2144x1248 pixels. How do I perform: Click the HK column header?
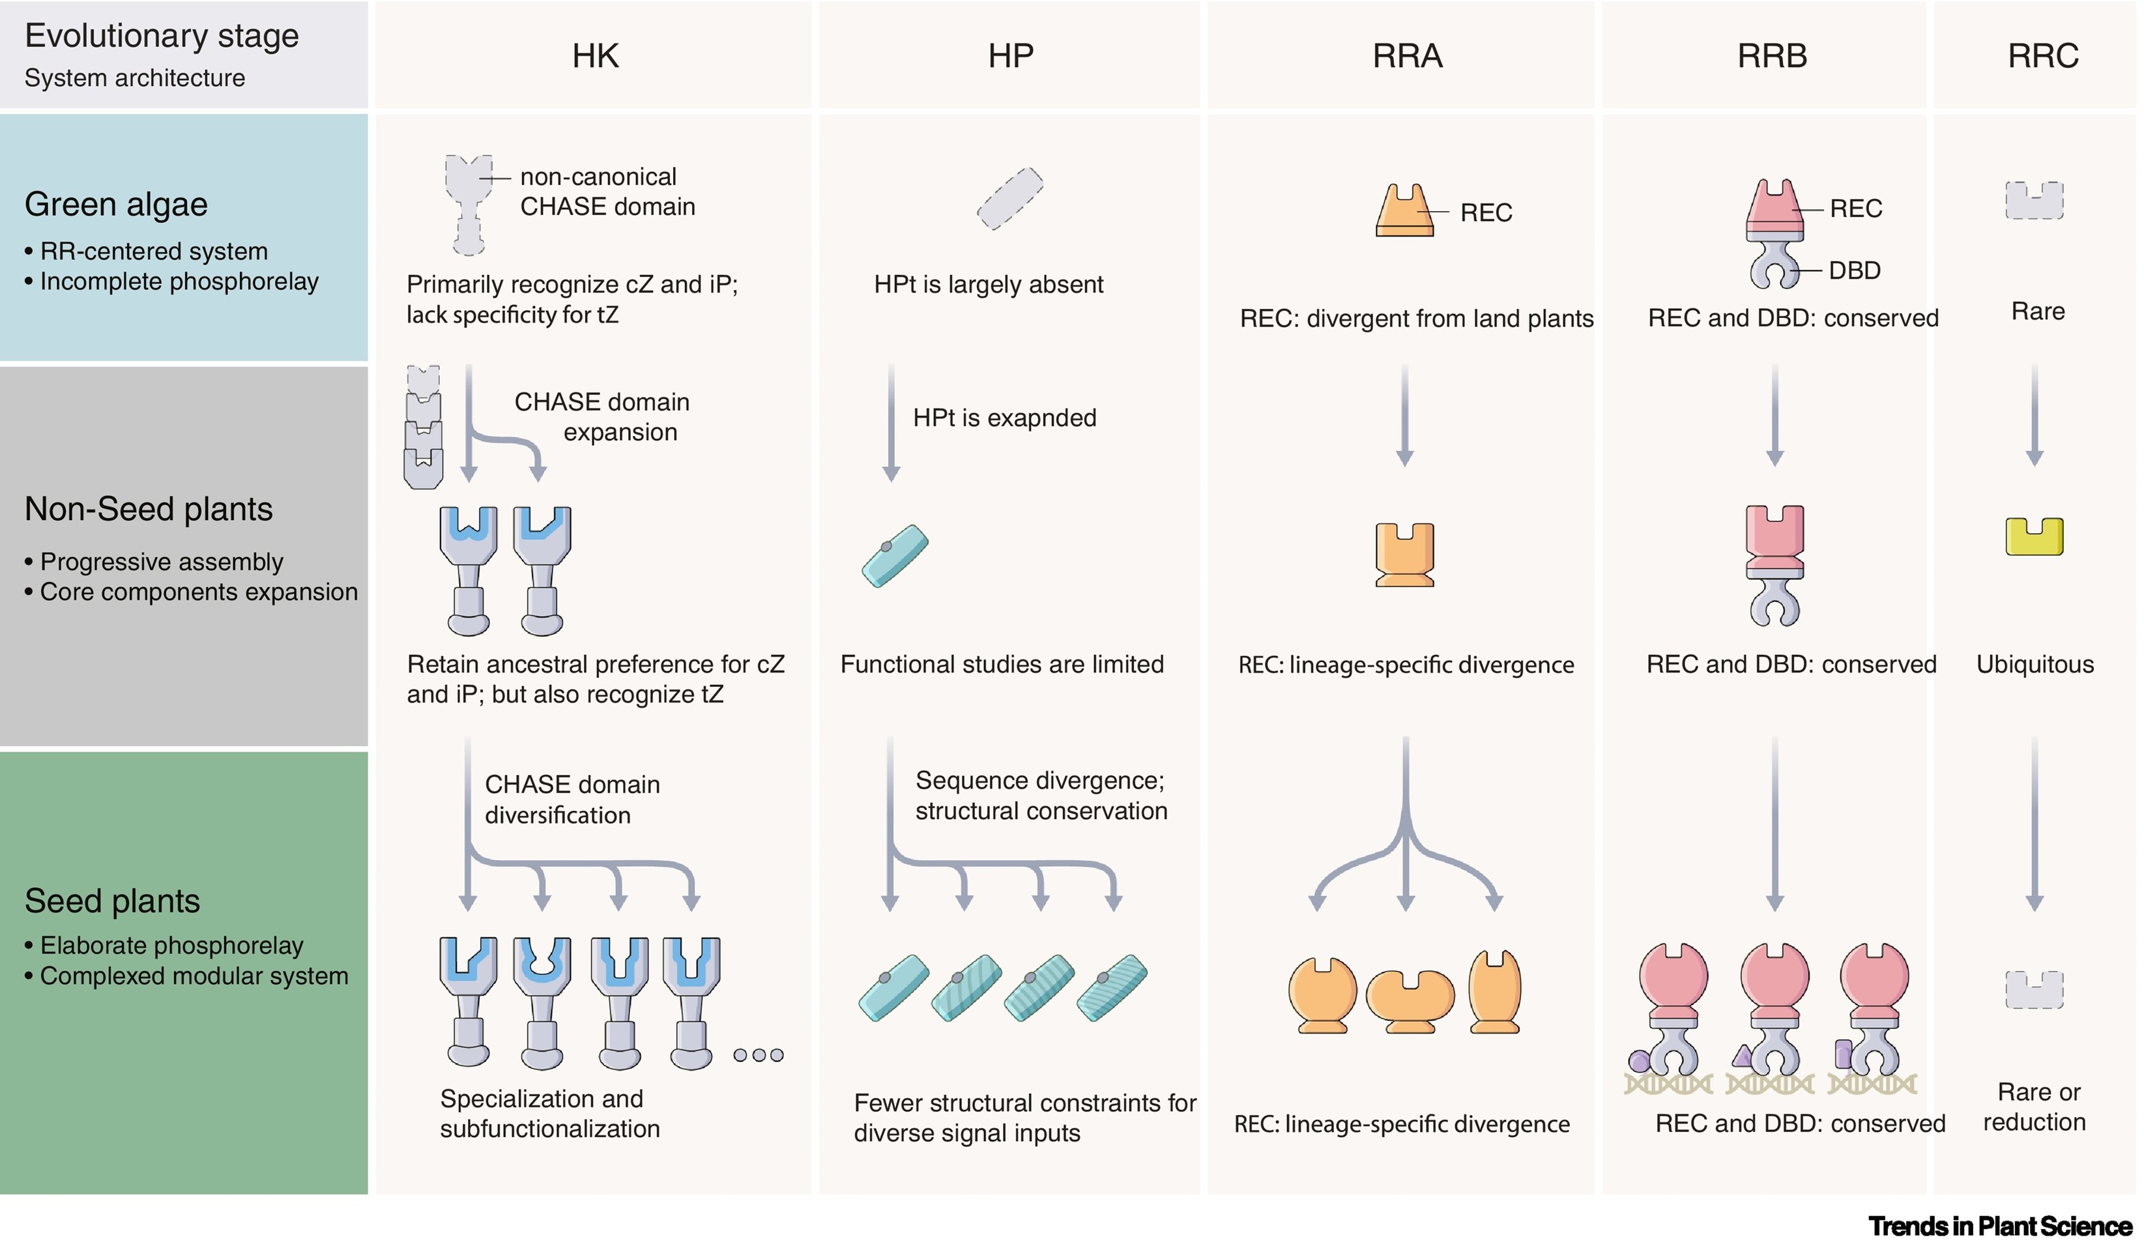[595, 56]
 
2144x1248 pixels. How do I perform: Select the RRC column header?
[2043, 56]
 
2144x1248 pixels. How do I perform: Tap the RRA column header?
[1407, 56]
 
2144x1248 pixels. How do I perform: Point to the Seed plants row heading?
[112, 901]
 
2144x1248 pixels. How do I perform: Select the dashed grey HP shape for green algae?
[1010, 198]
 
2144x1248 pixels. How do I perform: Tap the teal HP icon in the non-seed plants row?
[895, 555]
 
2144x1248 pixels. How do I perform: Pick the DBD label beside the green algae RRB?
[1855, 270]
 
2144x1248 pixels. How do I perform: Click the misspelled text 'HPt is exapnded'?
[1004, 418]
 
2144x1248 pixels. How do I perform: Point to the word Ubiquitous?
[2035, 665]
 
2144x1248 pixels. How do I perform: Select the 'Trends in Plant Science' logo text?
[2000, 1226]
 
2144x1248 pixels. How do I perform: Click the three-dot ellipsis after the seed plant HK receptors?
[758, 1055]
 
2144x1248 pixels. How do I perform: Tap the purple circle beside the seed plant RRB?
[1638, 1061]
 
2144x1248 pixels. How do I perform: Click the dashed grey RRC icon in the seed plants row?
[2035, 989]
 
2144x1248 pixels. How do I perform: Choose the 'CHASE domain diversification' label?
[572, 800]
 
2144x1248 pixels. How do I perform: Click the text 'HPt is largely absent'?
[988, 284]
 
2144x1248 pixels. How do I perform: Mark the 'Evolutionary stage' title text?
[162, 36]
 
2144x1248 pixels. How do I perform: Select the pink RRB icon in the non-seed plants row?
[1774, 565]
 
